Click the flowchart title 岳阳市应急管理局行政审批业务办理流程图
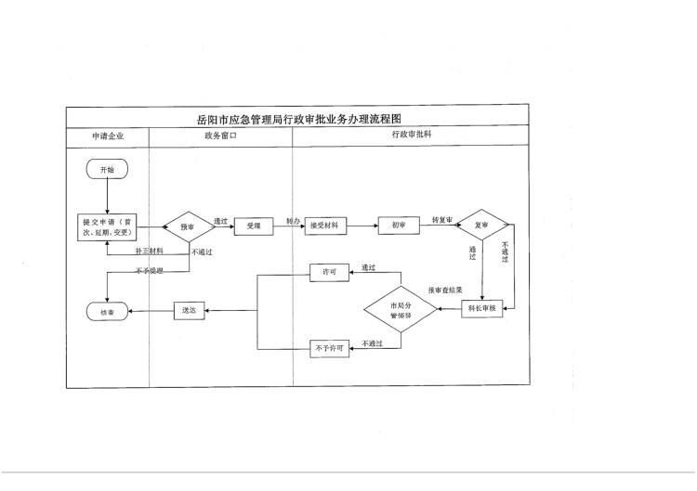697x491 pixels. tap(298, 119)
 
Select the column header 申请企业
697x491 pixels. tap(107, 136)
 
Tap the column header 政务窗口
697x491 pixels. tap(220, 136)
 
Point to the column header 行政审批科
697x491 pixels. tap(411, 136)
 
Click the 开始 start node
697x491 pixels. tap(107, 170)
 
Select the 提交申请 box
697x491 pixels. tap(107, 227)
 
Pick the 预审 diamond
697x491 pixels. tap(189, 226)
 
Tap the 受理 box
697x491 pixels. tap(254, 226)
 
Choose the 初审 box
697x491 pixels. tap(399, 226)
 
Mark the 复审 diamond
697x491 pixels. tap(481, 225)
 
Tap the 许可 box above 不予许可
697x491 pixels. tap(328, 271)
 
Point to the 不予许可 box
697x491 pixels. tap(328, 349)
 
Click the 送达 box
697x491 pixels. tap(190, 311)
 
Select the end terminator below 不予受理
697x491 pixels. tap(107, 312)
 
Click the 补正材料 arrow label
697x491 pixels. tap(149, 252)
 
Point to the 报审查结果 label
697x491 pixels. tap(445, 291)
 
